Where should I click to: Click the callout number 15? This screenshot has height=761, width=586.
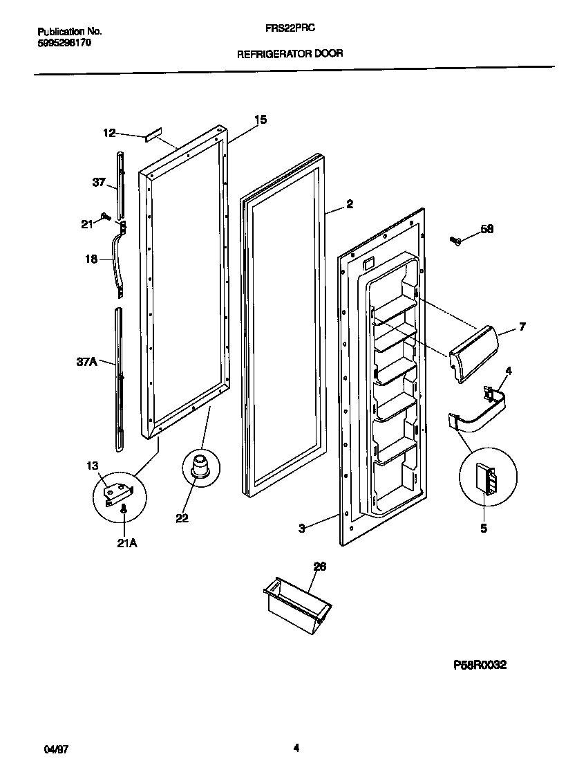click(260, 120)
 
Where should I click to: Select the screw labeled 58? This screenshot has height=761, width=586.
click(457, 241)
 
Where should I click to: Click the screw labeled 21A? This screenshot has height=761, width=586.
click(123, 511)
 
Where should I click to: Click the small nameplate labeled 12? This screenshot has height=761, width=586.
click(153, 134)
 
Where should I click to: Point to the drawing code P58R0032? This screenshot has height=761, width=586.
click(480, 665)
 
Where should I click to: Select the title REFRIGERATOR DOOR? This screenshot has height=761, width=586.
click(290, 53)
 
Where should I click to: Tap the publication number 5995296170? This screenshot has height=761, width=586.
click(64, 42)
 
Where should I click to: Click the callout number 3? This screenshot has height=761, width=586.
click(302, 529)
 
